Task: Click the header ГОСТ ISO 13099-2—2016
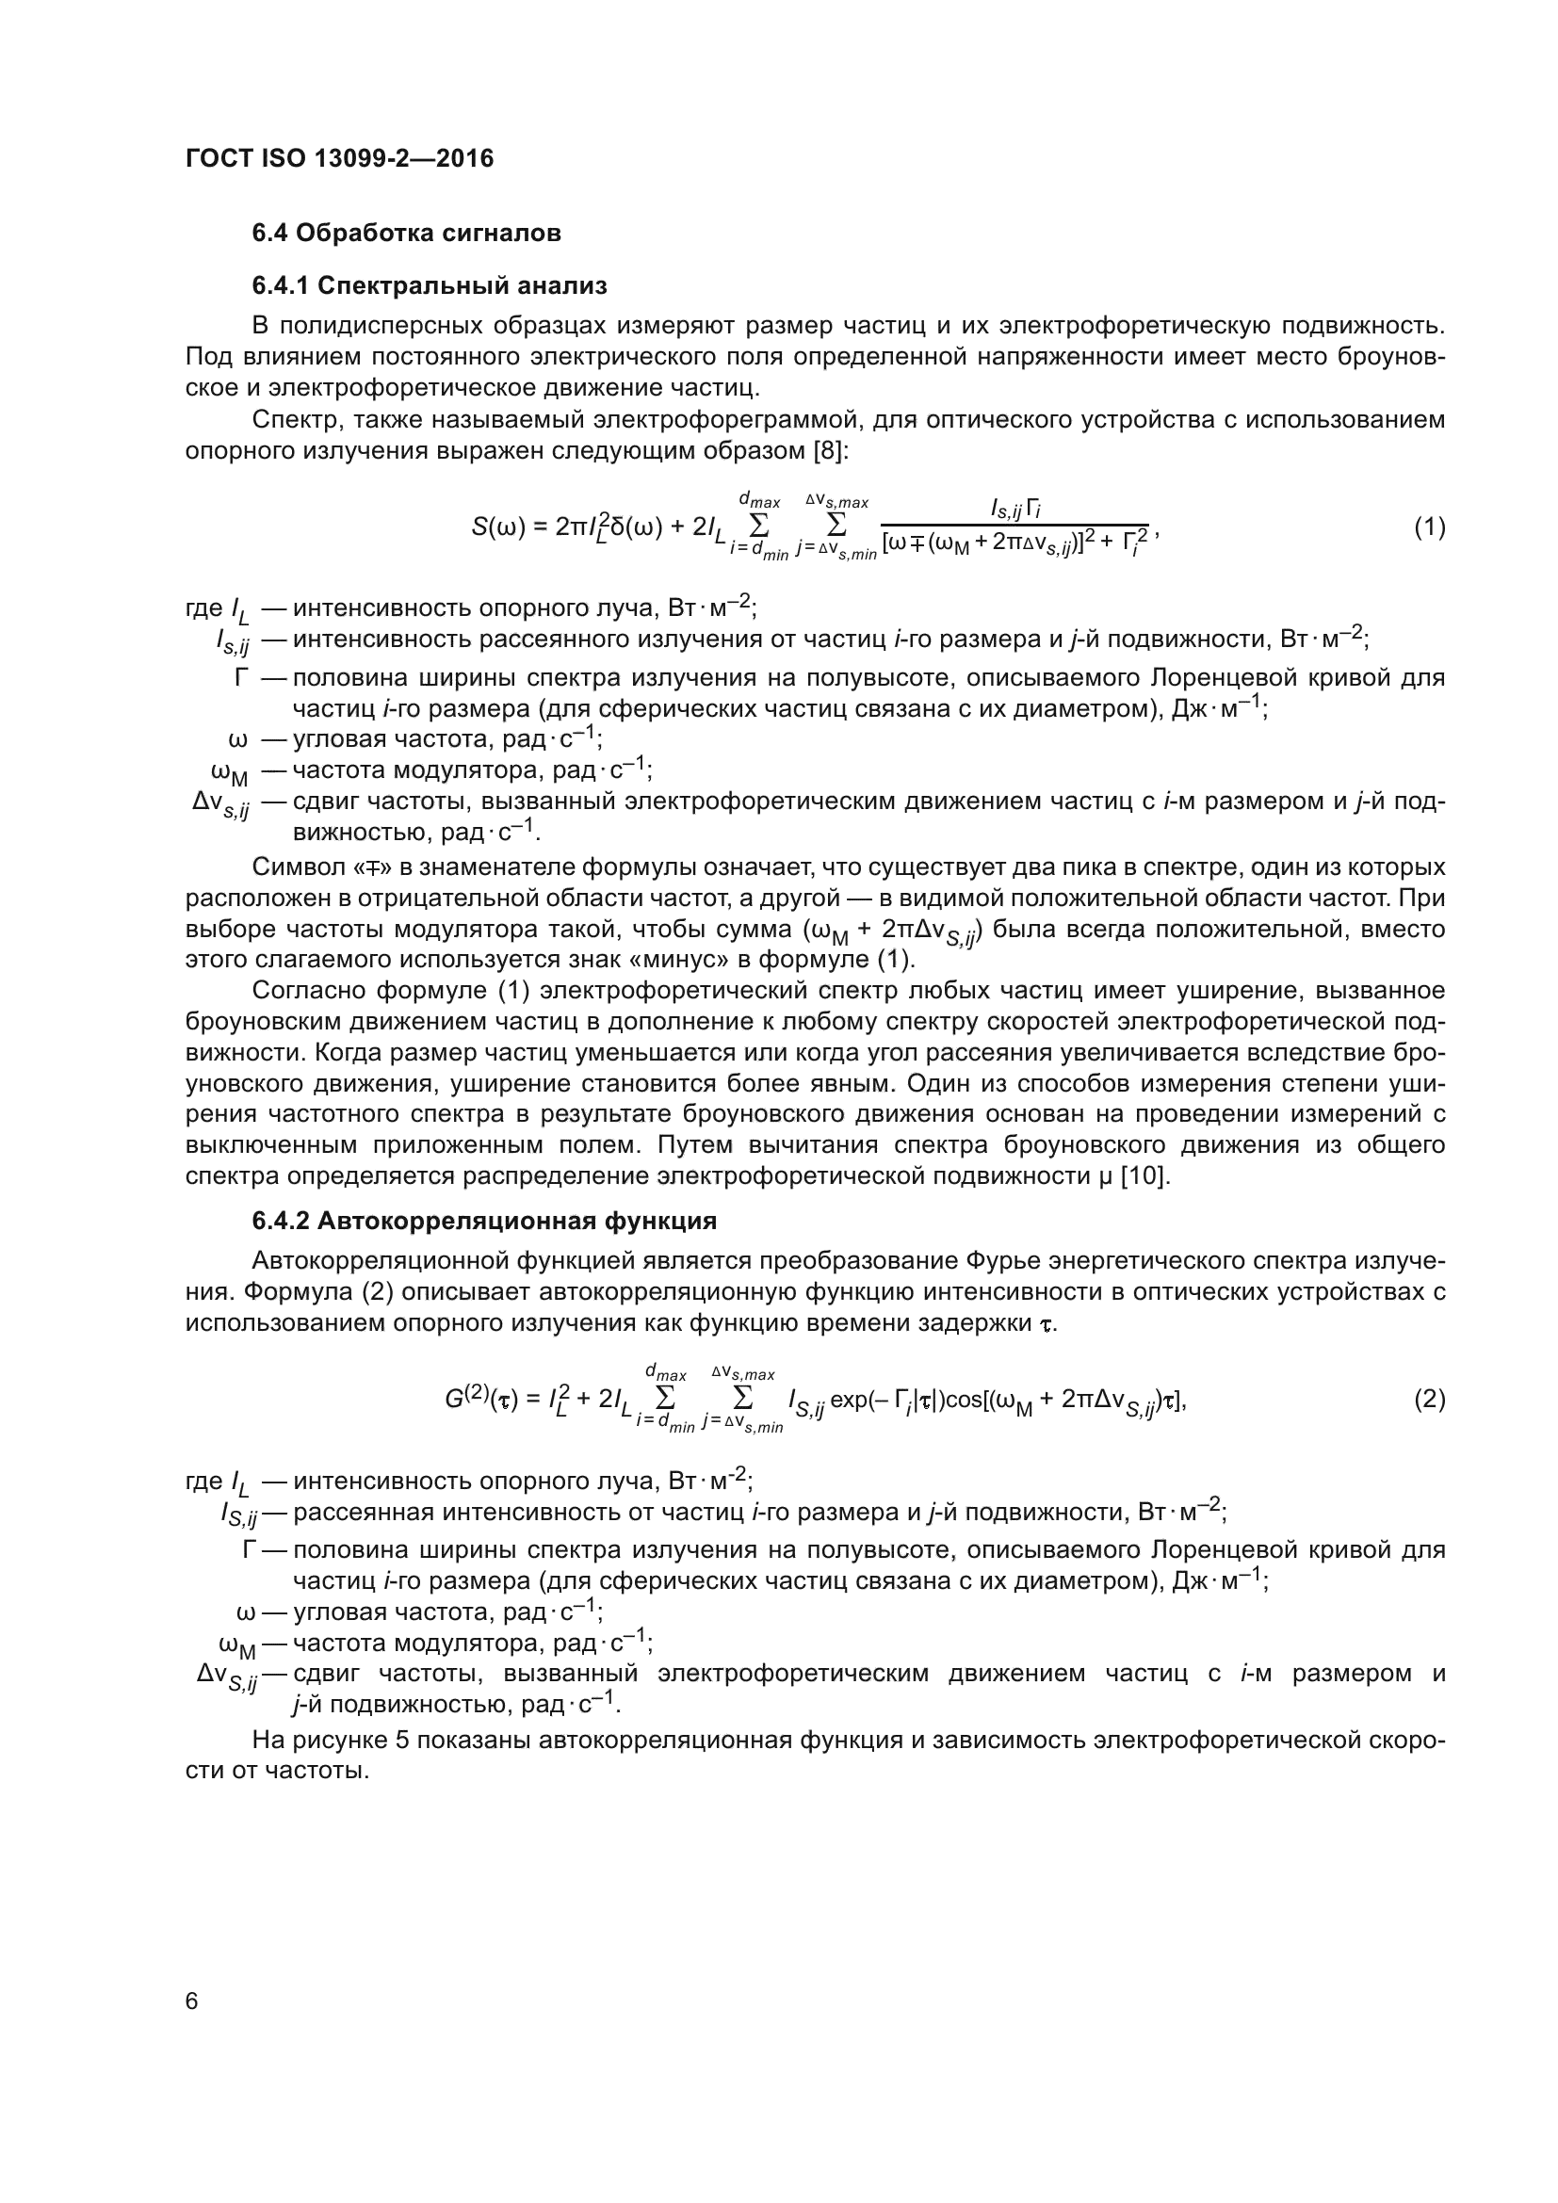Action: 340,158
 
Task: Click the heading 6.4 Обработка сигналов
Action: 406,234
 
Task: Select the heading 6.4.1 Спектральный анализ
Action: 430,286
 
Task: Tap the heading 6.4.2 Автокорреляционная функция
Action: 484,1222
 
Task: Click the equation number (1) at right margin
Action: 1429,526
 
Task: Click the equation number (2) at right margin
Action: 1429,1400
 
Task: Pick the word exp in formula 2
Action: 849,1400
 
